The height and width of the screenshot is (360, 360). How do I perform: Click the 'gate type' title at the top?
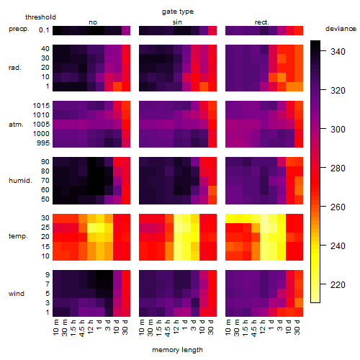pyautogui.click(x=178, y=12)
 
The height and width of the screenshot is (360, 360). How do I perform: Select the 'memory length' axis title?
pyautogui.click(x=177, y=350)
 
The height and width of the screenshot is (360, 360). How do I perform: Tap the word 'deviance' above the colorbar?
pyautogui.click(x=341, y=29)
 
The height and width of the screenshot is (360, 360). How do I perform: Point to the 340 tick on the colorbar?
pyautogui.click(x=323, y=51)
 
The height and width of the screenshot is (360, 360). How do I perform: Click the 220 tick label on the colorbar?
pyautogui.click(x=338, y=285)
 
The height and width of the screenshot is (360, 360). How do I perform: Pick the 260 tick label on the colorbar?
pyautogui.click(x=338, y=207)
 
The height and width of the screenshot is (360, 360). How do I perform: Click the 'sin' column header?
pyautogui.click(x=177, y=22)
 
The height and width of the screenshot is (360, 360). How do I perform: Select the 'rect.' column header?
pyautogui.click(x=262, y=22)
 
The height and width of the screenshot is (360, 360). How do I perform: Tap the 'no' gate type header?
pyautogui.click(x=93, y=22)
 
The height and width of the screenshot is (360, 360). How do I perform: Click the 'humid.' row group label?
pyautogui.click(x=20, y=181)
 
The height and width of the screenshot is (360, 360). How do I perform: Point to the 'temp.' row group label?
pyautogui.click(x=18, y=236)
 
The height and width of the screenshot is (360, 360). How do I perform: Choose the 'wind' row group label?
pyautogui.click(x=17, y=294)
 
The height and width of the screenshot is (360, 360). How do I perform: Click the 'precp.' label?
pyautogui.click(x=19, y=29)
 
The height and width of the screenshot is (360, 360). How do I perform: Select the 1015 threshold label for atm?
pyautogui.click(x=41, y=106)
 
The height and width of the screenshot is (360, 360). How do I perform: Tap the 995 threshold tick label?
pyautogui.click(x=43, y=143)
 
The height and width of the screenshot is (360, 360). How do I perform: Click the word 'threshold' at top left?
pyautogui.click(x=40, y=17)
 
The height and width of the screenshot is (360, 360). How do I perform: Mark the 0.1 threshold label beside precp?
pyautogui.click(x=44, y=30)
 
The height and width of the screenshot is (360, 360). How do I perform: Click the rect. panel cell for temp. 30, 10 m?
pyautogui.click(x=230, y=218)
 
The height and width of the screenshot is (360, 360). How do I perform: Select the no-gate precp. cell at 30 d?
pyautogui.click(x=126, y=31)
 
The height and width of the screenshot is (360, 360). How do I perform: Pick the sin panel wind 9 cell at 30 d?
pyautogui.click(x=212, y=275)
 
